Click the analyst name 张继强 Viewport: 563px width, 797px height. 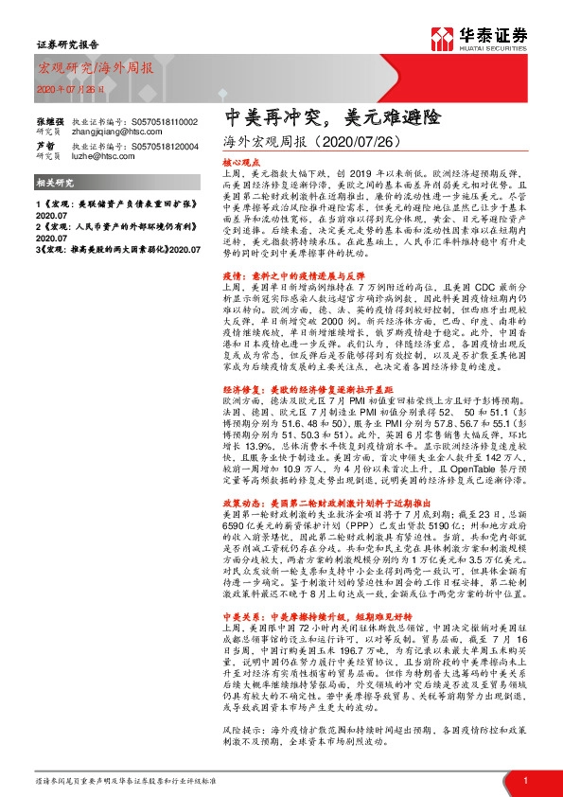(50, 123)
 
